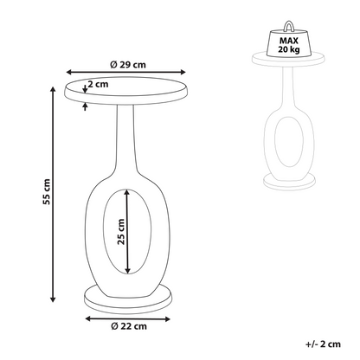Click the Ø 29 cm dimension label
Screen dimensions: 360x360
pos(128,65)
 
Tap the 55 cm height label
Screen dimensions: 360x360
pos(47,192)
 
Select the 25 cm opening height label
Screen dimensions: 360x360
pos(121,232)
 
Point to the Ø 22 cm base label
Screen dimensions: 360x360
pos(129,326)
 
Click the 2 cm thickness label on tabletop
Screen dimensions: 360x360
pos(98,84)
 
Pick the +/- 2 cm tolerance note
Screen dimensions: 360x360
pos(323,344)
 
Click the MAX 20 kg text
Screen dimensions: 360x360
pos(289,45)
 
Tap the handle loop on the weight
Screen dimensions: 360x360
pos(289,25)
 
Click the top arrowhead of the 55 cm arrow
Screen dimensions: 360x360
pos(53,89)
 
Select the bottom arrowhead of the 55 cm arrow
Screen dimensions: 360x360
pos(53,299)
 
